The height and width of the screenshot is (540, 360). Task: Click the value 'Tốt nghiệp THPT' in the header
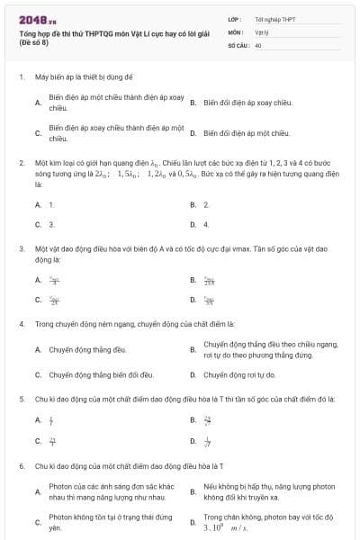coord(275,18)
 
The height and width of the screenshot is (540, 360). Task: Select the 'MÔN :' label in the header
coord(236,31)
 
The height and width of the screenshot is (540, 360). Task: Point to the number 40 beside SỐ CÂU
coord(258,43)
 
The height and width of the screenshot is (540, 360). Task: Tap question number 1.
coord(22,78)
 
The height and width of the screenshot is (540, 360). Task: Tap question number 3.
coord(22,247)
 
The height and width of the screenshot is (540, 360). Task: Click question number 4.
coord(22,322)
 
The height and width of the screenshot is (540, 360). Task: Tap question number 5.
coord(22,397)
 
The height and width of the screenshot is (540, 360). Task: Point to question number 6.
coord(22,466)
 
